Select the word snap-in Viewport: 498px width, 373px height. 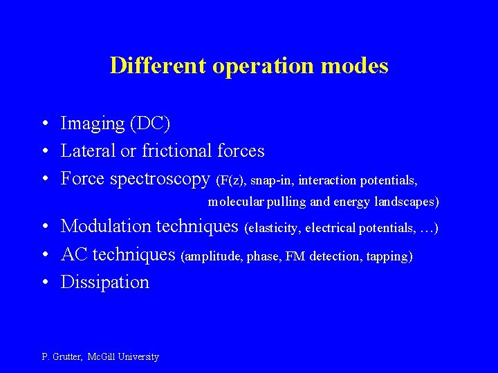point(272,180)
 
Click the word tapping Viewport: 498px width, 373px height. point(389,256)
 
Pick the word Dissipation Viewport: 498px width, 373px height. point(105,282)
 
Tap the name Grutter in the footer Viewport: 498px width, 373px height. point(68,357)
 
